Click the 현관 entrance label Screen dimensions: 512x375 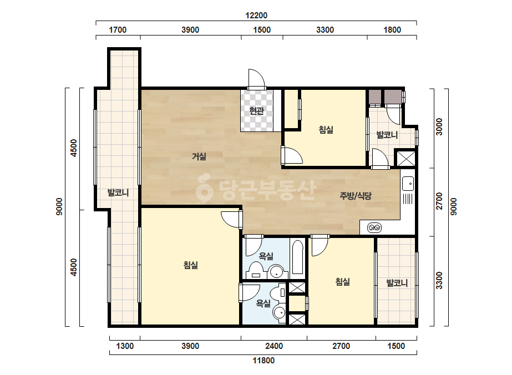[x=256, y=111]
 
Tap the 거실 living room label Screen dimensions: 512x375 [x=199, y=156]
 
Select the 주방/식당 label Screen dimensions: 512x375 [x=356, y=196]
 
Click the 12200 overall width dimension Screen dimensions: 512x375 [x=256, y=16]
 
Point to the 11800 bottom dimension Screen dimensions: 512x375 [x=263, y=361]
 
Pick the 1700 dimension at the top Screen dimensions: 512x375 [x=118, y=30]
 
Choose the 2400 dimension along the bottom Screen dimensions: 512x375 [x=274, y=346]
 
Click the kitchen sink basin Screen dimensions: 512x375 [x=408, y=184]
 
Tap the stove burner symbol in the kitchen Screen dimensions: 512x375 [x=374, y=227]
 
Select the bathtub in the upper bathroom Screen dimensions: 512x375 [x=297, y=257]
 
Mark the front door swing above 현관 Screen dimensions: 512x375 [x=256, y=78]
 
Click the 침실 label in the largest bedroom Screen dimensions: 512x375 [x=191, y=265]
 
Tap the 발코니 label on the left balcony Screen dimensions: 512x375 [x=118, y=192]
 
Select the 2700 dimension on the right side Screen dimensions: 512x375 [x=439, y=201]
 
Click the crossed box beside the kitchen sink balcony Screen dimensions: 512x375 [x=405, y=159]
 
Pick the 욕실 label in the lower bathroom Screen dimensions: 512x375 [x=263, y=303]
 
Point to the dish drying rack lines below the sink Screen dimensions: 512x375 [x=408, y=199]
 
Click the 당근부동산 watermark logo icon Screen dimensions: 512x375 [x=204, y=187]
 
